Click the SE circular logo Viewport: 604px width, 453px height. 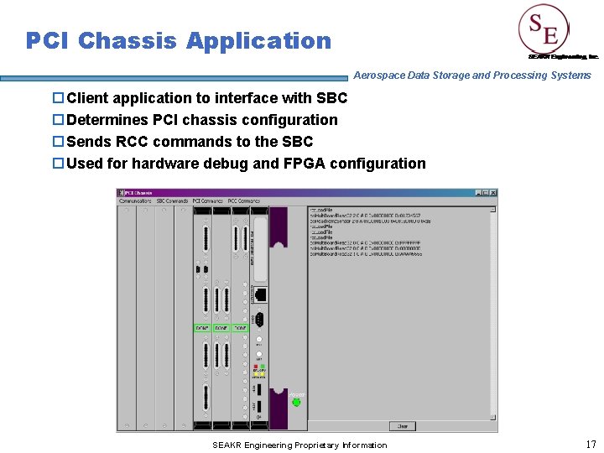pos(544,31)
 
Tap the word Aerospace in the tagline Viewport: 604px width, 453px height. pos(380,75)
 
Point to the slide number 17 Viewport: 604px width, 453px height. pos(590,444)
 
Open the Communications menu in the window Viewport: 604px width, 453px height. pos(136,201)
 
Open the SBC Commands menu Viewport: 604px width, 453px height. pos(172,201)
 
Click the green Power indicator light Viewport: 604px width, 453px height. pos(296,402)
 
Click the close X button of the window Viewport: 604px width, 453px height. pos(492,193)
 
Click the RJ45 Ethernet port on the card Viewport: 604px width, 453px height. pos(260,294)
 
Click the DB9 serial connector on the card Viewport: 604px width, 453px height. pos(260,319)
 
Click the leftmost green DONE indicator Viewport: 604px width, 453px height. pos(202,327)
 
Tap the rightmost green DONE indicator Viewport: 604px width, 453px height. pos(240,327)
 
